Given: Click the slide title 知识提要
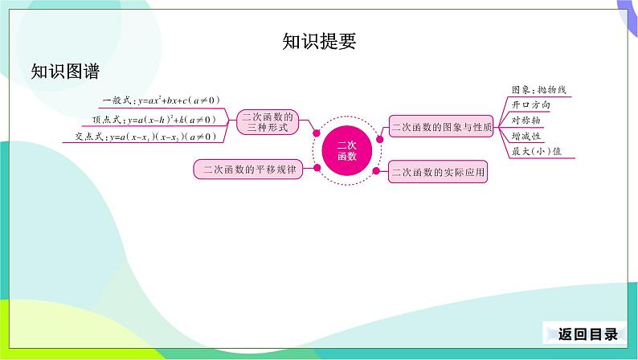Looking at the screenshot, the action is tap(320, 41).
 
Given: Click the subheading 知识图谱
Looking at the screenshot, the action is tap(66, 72).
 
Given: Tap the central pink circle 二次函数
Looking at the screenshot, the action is tap(347, 150).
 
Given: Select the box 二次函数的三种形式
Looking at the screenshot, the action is tap(268, 122).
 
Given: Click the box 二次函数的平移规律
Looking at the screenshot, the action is tap(248, 170).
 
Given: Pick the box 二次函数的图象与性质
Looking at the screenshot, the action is tap(441, 126).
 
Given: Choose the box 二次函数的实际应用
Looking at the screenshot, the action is tap(438, 172).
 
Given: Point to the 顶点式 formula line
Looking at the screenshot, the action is tap(153, 119).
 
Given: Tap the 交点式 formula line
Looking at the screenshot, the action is tap(145, 137).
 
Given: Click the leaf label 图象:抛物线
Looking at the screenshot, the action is tap(538, 89).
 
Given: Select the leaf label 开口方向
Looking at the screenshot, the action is tap(530, 105).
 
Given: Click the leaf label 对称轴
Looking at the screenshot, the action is tap(526, 121).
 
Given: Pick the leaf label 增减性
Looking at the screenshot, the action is tap(526, 136).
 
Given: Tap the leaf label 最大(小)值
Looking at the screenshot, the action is tap(536, 151).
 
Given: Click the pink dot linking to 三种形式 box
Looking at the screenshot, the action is tap(317, 133).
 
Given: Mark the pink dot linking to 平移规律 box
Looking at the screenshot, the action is tap(317, 168).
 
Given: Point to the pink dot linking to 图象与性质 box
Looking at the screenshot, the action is tap(379, 139).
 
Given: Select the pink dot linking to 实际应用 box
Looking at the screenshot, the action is tap(376, 171).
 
